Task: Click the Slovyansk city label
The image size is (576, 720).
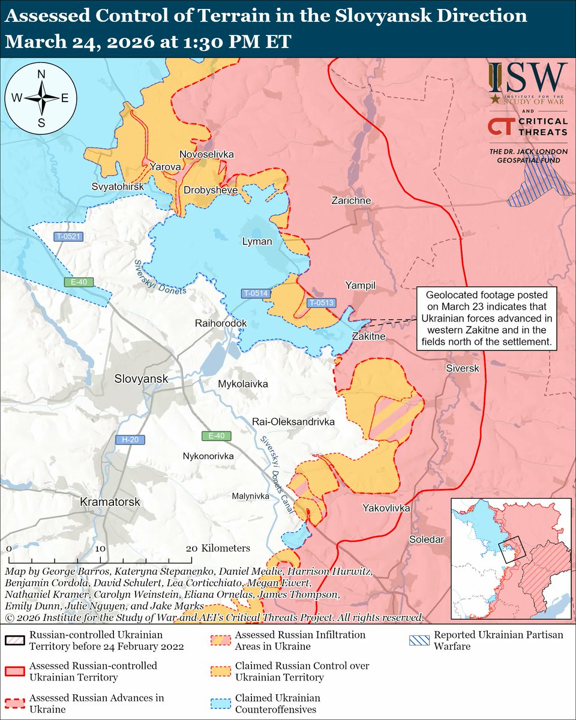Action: [x=142, y=379]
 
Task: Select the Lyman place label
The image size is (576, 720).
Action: [x=257, y=242]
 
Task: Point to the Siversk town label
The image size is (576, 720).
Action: [x=463, y=368]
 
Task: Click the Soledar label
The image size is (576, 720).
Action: [x=427, y=539]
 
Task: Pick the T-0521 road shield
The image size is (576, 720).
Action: [x=69, y=237]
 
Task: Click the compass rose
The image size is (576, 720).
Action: [x=42, y=98]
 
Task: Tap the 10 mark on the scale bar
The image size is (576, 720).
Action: [x=100, y=548]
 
